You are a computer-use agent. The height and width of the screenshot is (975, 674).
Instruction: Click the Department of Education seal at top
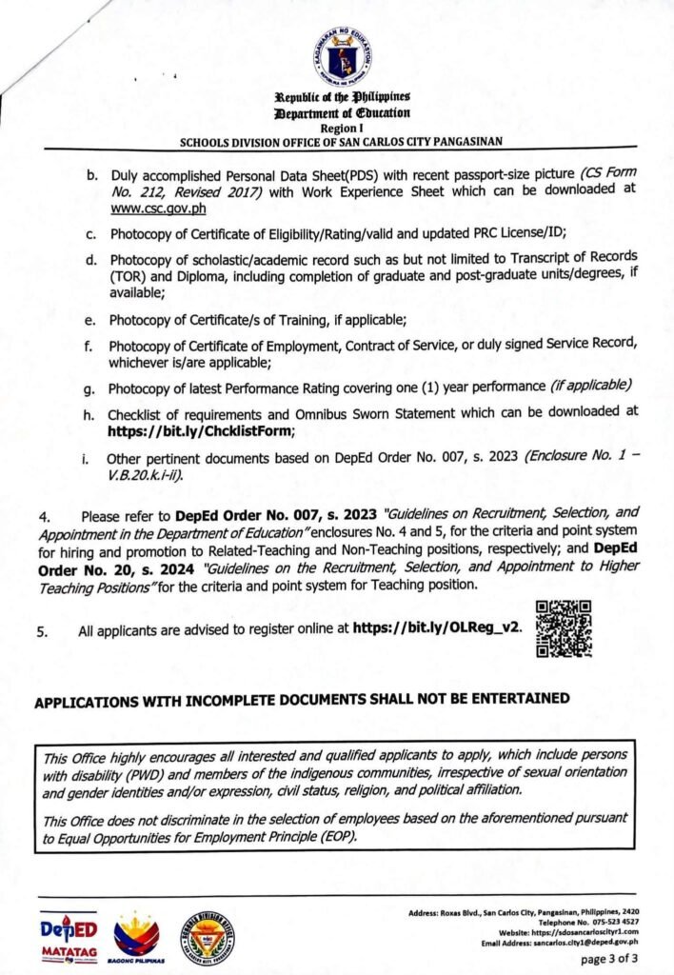[x=342, y=54]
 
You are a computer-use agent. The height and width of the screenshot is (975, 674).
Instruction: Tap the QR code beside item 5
[x=564, y=628]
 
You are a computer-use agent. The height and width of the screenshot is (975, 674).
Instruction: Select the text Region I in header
[x=342, y=128]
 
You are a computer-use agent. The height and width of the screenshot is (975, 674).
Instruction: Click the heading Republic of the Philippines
[x=342, y=98]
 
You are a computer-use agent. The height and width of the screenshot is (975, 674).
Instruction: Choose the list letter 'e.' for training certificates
[x=89, y=319]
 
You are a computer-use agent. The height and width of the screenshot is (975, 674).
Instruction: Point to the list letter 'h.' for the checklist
[x=89, y=412]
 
